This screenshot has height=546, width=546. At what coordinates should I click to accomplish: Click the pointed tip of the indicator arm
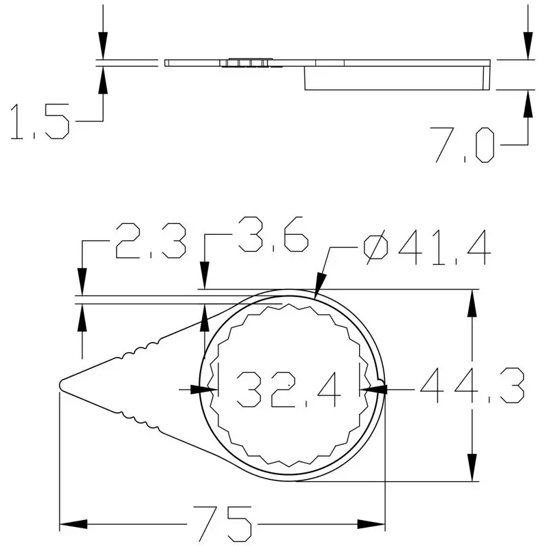point(61,384)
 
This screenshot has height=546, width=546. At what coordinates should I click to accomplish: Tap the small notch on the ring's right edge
point(381,376)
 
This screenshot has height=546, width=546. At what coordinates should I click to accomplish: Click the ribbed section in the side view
point(250,63)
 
